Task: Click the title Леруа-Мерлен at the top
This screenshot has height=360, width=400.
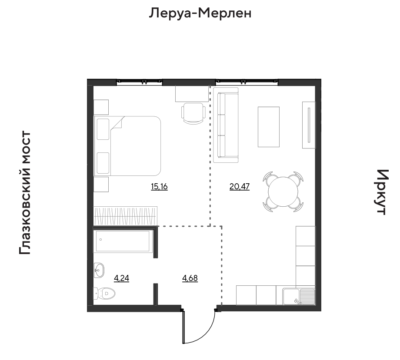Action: pos(200,13)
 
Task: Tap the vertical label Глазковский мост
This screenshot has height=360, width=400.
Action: pos(25,193)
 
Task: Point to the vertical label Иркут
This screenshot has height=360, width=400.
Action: pos(382,192)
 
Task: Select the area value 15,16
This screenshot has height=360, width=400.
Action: pos(159,186)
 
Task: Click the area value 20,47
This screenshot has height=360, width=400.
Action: pos(240,186)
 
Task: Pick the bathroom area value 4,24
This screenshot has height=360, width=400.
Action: pos(121,278)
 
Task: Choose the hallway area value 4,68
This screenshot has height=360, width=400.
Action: pos(190,278)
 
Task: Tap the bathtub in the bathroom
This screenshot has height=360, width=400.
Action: pos(123,241)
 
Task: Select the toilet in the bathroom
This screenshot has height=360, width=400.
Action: pos(104,294)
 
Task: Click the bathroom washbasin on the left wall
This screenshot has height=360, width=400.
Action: pos(99,270)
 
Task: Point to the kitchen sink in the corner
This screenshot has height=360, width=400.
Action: pos(299,297)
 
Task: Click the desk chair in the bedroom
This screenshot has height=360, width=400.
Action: pos(193,113)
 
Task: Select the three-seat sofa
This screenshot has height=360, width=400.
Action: pos(226,125)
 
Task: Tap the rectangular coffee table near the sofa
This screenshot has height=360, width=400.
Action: pos(269,127)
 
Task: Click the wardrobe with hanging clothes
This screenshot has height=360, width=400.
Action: pos(125,216)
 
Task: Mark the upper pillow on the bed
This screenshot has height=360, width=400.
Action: pos(103,129)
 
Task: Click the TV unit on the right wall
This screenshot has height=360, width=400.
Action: pos(309,125)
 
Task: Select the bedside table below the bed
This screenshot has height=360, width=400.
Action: pos(101,184)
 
